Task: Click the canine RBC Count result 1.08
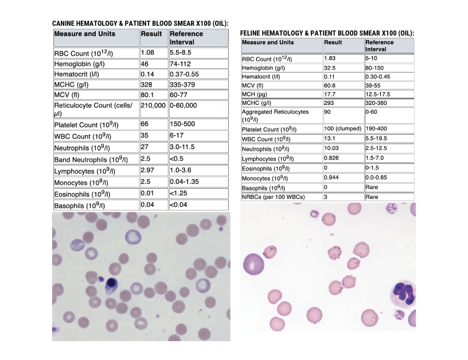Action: coord(147,53)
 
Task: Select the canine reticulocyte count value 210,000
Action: coord(153,106)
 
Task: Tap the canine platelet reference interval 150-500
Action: coord(183,124)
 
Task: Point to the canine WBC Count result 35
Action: coord(145,136)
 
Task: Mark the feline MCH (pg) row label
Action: coord(256,94)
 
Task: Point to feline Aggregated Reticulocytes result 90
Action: coord(327,112)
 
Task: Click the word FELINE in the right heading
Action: coord(253,34)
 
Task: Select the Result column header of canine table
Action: coord(151,34)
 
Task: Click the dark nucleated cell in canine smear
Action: coord(110,283)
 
